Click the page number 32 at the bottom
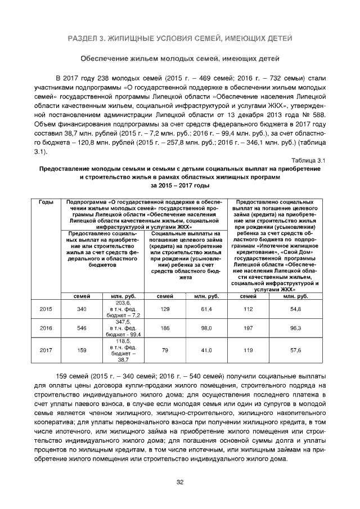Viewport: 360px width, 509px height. pos(180,482)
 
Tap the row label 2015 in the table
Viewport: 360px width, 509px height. pos(46,309)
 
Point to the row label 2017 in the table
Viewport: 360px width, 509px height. pos(46,350)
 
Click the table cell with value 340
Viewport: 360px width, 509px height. pos(82,309)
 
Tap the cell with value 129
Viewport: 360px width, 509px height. pos(165,309)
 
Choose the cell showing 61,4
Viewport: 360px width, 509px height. pos(206,309)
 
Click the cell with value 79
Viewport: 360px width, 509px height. pos(165,350)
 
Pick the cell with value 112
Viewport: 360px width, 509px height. pos(247,309)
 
